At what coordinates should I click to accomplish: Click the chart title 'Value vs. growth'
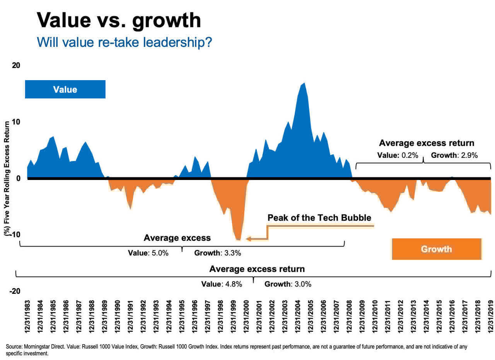click(118, 20)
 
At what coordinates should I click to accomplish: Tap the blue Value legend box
click(65, 89)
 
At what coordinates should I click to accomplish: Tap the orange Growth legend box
click(436, 249)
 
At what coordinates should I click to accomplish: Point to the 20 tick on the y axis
click(16, 65)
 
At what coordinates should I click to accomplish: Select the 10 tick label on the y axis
click(16, 122)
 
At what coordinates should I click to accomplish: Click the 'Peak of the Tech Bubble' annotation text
click(319, 218)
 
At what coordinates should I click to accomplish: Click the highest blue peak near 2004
click(304, 83)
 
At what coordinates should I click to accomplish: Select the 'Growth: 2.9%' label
click(454, 156)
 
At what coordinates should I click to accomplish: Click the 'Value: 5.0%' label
click(148, 254)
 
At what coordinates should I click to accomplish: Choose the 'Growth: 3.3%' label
click(217, 254)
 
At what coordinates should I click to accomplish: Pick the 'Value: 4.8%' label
click(222, 284)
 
